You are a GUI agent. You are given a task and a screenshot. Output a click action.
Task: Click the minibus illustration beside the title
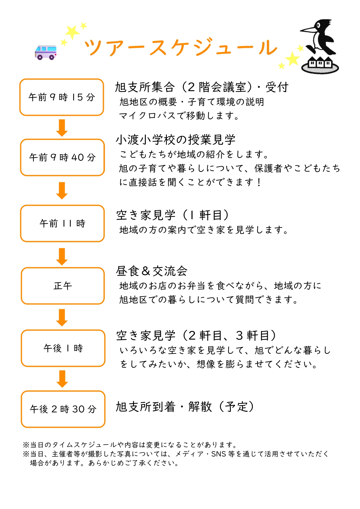(46, 52)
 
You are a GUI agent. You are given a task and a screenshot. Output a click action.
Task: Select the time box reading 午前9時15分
(62, 97)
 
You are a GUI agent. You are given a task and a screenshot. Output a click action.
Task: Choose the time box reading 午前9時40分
(62, 157)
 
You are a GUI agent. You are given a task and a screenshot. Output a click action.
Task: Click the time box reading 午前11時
(62, 223)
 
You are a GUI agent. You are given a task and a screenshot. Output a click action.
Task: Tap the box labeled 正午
(63, 286)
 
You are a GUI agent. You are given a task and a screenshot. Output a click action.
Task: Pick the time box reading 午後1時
(63, 348)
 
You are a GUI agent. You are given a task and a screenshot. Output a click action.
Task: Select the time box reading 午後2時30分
(63, 409)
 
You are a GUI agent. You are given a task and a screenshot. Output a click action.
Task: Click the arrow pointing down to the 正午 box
(62, 257)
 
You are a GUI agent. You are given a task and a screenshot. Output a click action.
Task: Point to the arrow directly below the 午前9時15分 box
(62, 128)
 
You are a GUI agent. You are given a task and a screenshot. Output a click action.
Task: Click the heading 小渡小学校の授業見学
(176, 140)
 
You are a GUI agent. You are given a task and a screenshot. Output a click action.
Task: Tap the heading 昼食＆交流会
(151, 271)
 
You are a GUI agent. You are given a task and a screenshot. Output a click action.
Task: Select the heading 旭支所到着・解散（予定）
(185, 407)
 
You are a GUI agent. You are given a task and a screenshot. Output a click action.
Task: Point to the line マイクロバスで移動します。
(179, 116)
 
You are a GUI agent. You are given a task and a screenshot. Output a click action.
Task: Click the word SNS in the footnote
(218, 454)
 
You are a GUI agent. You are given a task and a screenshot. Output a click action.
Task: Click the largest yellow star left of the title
(72, 32)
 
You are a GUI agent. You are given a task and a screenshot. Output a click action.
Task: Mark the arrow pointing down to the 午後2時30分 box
(62, 379)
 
